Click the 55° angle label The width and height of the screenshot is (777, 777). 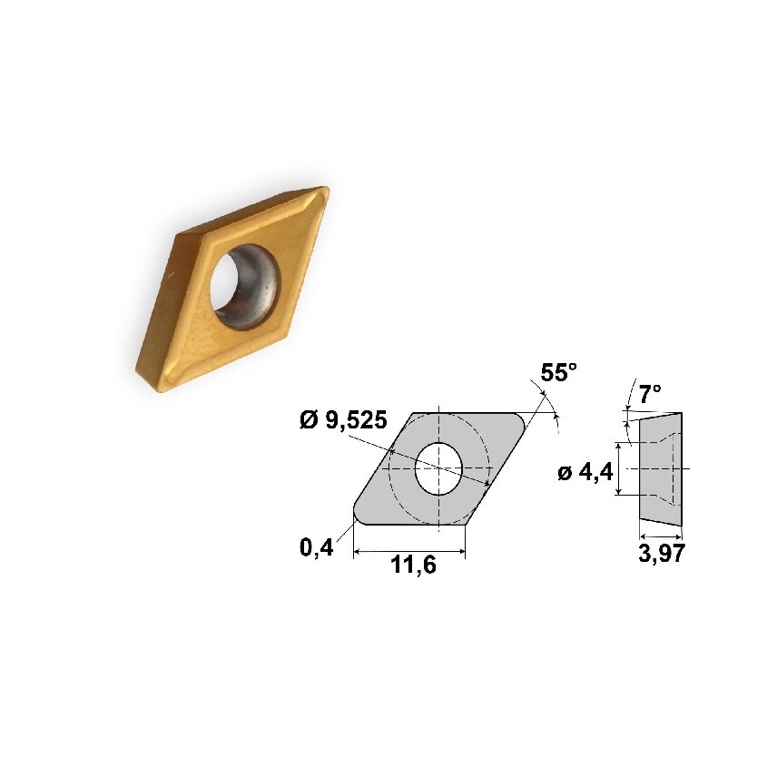(558, 373)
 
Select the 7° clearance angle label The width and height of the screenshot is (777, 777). (649, 394)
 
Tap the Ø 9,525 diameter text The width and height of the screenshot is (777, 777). (344, 420)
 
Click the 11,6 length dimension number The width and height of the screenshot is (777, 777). (413, 566)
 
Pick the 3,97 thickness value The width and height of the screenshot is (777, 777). (661, 555)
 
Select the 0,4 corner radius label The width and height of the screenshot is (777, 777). (316, 547)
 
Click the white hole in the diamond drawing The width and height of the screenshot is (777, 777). (438, 468)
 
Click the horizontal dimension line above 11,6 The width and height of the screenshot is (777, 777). (408, 550)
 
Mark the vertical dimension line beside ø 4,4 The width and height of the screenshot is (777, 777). (618, 468)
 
